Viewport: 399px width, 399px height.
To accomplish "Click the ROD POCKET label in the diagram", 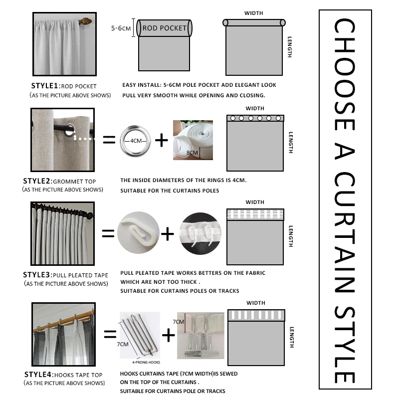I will coord(164,28).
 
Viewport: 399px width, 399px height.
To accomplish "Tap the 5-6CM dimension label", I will coord(121,28).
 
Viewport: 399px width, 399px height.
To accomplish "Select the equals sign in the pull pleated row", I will coord(109,232).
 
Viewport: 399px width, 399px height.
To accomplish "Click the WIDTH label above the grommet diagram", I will coord(255,108).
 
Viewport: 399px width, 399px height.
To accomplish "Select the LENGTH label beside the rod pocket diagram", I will coord(289,47).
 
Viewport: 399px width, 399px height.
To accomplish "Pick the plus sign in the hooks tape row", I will coord(169,335).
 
